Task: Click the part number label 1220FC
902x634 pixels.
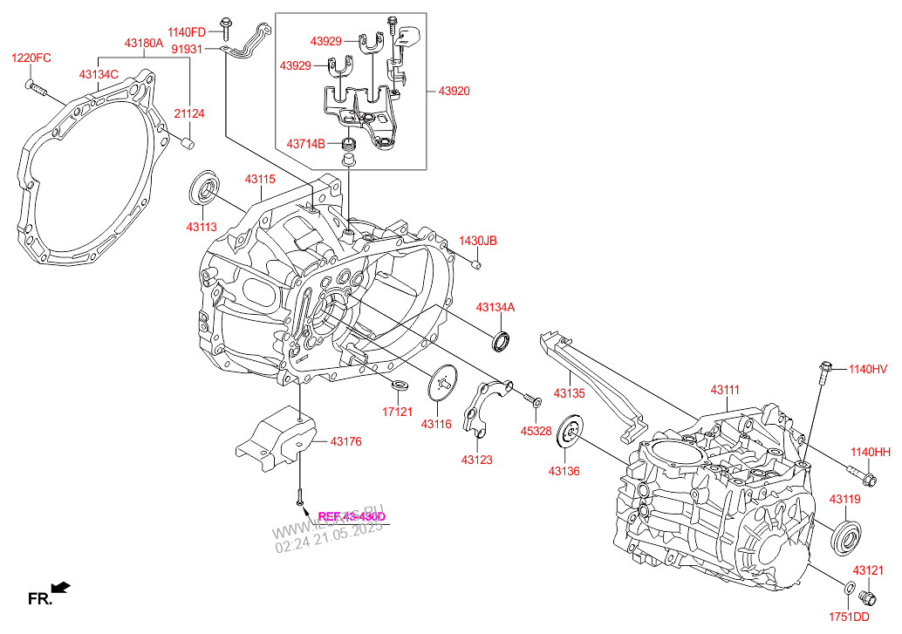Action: coord(31,58)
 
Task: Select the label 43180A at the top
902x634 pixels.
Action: coord(143,43)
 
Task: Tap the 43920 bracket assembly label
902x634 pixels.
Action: coord(454,91)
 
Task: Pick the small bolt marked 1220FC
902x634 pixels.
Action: coord(33,85)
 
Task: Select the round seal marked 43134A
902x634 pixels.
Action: coord(502,341)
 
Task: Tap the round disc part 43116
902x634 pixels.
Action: coord(445,384)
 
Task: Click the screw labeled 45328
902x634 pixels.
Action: coord(533,400)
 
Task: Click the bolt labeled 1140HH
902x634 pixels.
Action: coord(863,477)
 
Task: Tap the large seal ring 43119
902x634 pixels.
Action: coord(847,535)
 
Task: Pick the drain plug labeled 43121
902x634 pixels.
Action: coord(867,597)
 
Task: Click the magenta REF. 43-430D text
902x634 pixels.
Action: coord(352,516)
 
